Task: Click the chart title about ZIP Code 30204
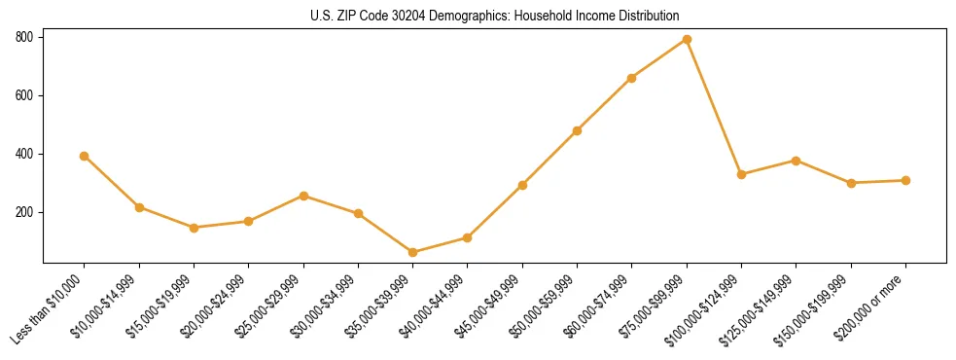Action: [495, 16]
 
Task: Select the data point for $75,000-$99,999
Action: [687, 39]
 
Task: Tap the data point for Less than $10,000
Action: [85, 156]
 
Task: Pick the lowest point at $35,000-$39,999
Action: [413, 252]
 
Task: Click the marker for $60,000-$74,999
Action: [632, 78]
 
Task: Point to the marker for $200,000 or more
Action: [905, 180]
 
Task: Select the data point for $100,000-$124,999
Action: [741, 174]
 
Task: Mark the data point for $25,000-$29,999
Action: [303, 196]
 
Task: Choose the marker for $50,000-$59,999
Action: [578, 130]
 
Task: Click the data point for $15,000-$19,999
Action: [194, 228]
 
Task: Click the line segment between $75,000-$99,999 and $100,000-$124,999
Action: [714, 107]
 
